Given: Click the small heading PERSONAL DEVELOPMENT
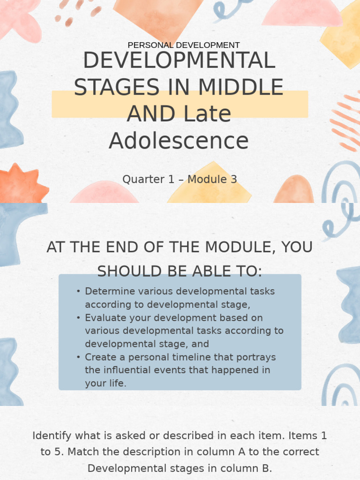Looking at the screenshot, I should (x=183, y=45).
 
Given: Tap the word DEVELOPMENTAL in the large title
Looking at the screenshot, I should (x=179, y=61).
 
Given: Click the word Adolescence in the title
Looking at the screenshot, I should (x=179, y=141).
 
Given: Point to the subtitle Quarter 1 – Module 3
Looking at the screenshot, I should (x=180, y=179).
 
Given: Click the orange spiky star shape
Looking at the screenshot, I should (x=21, y=184).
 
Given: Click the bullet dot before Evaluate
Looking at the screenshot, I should (x=78, y=317).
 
